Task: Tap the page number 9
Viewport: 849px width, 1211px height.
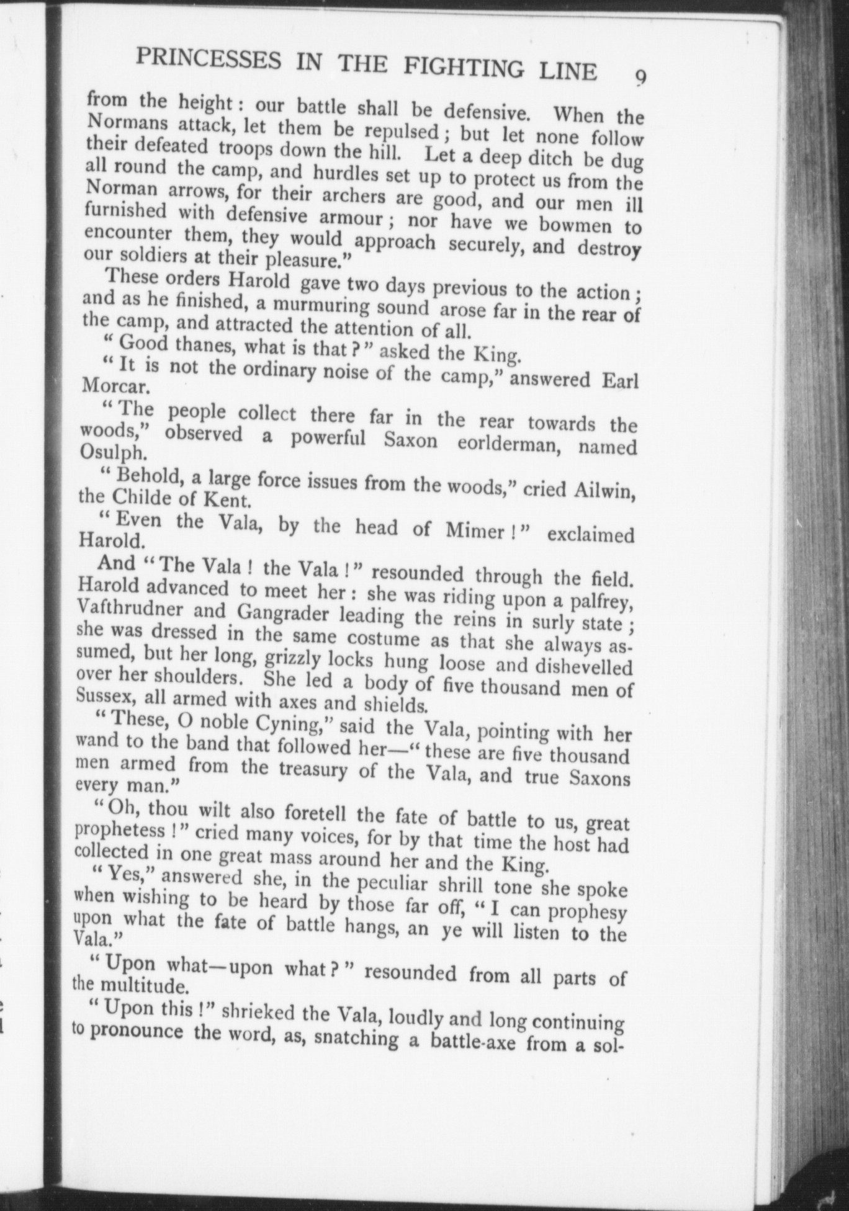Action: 640,78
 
